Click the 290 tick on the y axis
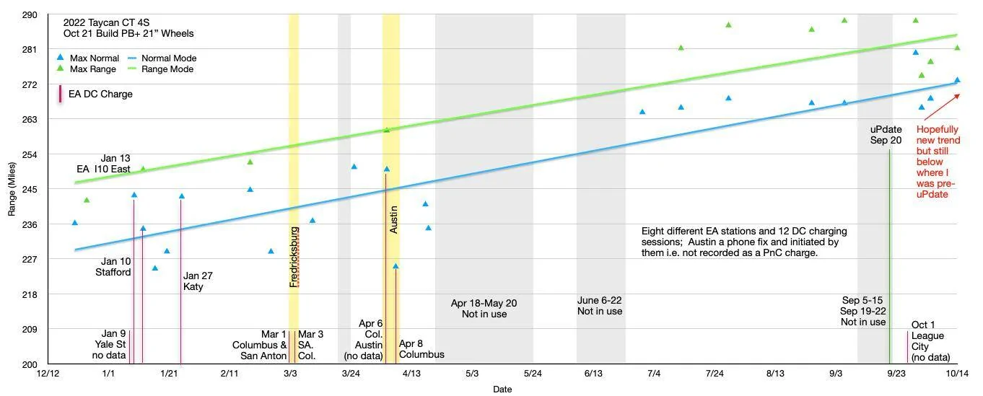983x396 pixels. (30, 15)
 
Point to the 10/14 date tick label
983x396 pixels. (957, 373)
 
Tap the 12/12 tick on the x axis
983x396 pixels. (48, 373)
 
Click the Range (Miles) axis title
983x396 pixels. (12, 189)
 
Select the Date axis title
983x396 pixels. (502, 389)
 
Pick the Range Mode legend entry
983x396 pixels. (161, 69)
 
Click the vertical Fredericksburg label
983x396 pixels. (294, 257)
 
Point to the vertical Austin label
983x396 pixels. (393, 220)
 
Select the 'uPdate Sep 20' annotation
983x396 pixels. (886, 135)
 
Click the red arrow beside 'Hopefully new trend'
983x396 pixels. (942, 107)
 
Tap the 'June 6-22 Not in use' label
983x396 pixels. (600, 306)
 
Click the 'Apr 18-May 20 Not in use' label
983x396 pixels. (484, 308)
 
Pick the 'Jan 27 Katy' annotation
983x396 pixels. (198, 281)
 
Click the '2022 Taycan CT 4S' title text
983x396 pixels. (106, 22)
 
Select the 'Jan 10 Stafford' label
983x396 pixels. (113, 267)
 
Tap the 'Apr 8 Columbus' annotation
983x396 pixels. (421, 348)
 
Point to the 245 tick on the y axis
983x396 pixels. (30, 190)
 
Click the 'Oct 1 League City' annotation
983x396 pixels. (930, 340)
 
